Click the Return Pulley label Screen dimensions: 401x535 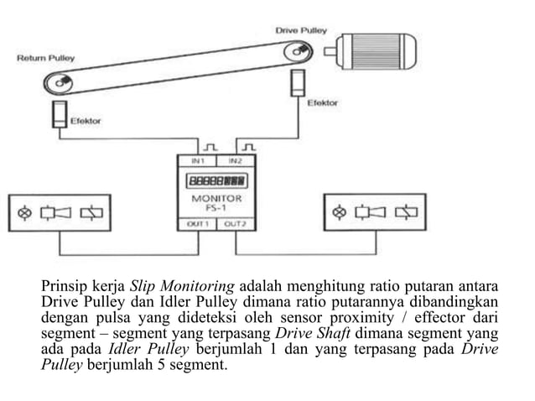pyautogui.click(x=46, y=59)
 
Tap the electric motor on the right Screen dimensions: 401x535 pyautogui.click(x=373, y=52)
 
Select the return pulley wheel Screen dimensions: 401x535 pyautogui.click(x=60, y=84)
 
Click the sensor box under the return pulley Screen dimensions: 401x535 pyautogui.click(x=59, y=115)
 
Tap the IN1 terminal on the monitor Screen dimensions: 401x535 pyautogui.click(x=196, y=159)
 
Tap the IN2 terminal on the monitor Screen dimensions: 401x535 pyautogui.click(x=236, y=159)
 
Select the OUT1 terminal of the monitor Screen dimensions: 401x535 pyautogui.click(x=196, y=224)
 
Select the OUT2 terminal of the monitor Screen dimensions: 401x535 pyautogui.click(x=236, y=224)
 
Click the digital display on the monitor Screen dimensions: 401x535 pyautogui.click(x=216, y=180)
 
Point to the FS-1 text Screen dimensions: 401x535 pyautogui.click(x=216, y=208)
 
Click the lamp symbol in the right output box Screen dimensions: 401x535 pyautogui.click(x=340, y=213)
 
